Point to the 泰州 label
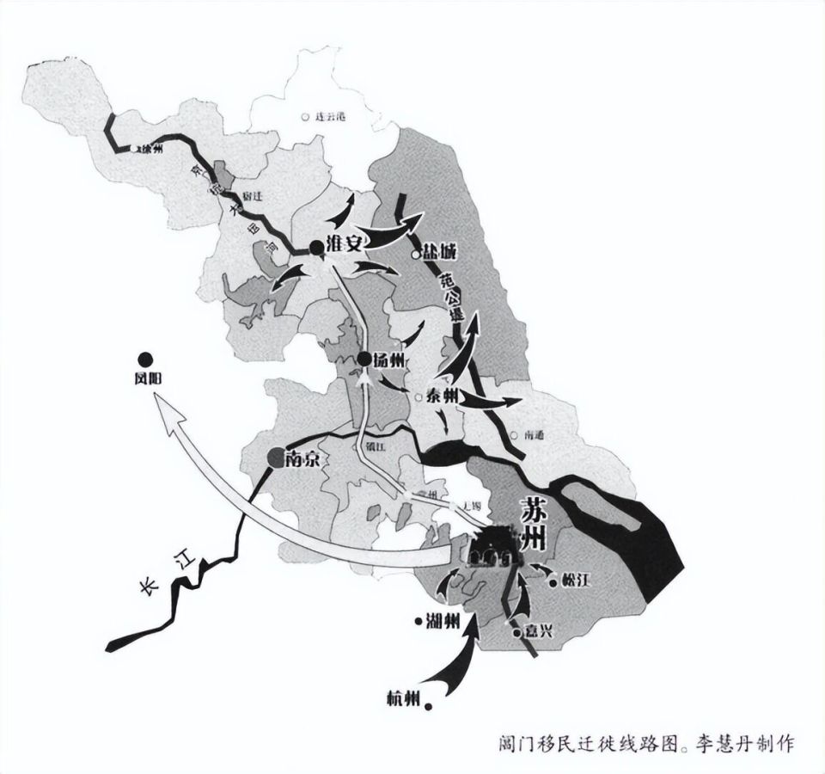[x=437, y=397]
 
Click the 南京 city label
[x=302, y=459]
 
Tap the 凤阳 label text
[x=148, y=378]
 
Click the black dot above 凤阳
[x=147, y=359]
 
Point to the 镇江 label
[x=371, y=445]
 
